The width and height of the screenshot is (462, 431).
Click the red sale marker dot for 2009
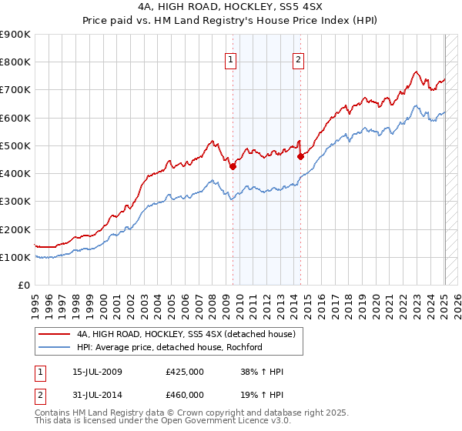pyautogui.click(x=233, y=165)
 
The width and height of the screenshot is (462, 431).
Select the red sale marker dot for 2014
pyautogui.click(x=300, y=156)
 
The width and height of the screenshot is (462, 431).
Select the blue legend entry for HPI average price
pyautogui.click(x=169, y=347)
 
